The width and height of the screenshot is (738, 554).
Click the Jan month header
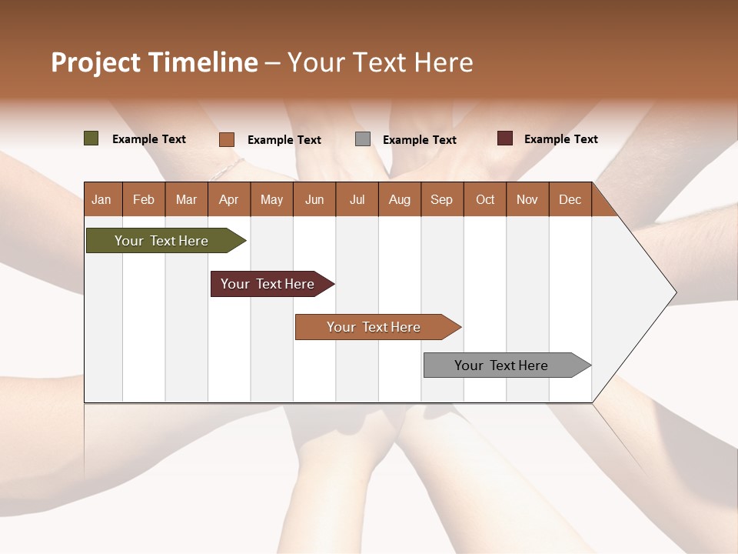point(102,199)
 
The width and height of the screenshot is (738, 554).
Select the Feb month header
point(144,199)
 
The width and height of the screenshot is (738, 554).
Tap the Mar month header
point(186,199)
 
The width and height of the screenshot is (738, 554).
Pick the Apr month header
point(229,199)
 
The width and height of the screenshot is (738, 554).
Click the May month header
point(271,199)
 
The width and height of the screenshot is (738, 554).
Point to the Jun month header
point(314,199)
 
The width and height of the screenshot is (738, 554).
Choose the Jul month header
point(357,199)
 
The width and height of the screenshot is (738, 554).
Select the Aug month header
point(400,199)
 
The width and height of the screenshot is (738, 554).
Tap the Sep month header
point(442,199)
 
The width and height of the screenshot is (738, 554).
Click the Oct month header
point(485,199)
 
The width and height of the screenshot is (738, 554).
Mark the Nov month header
point(527,199)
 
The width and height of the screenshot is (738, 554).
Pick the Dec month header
point(570,199)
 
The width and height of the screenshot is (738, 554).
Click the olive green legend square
point(91,138)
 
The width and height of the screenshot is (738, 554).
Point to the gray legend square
point(363,139)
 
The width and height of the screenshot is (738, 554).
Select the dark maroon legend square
point(505,138)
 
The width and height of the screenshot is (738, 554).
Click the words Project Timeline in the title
point(155,62)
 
